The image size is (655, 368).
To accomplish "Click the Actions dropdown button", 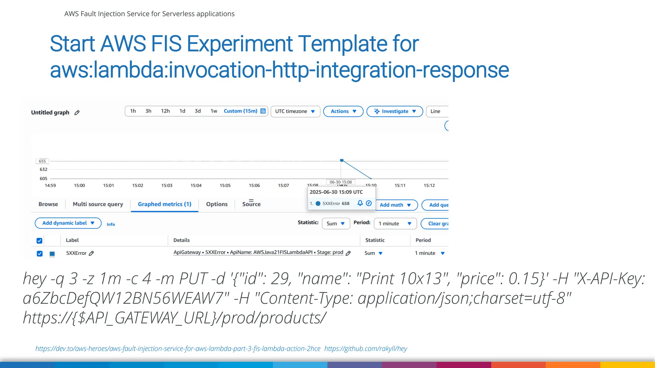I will (343, 111).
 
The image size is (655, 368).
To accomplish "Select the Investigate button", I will (395, 111).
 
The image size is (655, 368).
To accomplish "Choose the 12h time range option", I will (165, 111).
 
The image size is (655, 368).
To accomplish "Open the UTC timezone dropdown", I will (295, 111).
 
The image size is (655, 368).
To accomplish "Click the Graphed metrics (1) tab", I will (164, 204).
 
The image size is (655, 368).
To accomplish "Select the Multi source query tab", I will (98, 204).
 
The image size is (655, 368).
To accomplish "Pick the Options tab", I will (217, 204).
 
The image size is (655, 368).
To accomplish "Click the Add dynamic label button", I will (68, 223).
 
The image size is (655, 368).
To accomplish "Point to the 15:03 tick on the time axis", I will (167, 185).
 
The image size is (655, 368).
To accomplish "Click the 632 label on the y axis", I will (43, 169).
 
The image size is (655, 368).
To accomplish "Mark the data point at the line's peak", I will (342, 160).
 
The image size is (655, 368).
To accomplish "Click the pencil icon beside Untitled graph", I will (77, 112).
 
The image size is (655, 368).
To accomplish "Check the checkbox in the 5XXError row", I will (40, 253).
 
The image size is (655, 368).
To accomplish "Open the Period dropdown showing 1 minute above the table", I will (395, 224).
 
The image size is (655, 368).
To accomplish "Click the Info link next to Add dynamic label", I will (111, 224).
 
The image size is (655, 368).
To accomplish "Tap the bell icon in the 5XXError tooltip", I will (360, 203).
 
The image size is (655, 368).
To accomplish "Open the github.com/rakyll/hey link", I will (366, 349).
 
